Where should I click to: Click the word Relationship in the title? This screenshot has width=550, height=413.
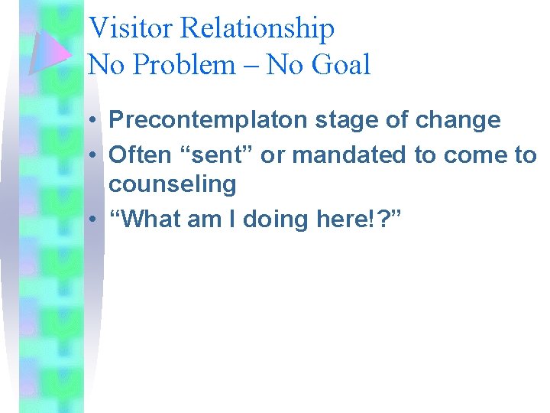(257, 28)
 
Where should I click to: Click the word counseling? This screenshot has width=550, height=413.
(173, 184)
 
